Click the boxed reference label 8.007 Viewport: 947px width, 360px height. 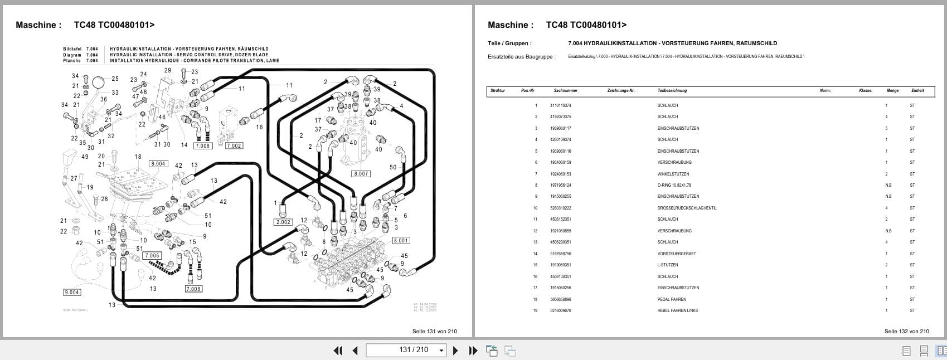(361, 174)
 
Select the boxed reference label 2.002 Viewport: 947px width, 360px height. (283, 222)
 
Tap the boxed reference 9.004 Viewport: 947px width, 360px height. (72, 292)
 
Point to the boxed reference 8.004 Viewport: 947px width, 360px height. (158, 164)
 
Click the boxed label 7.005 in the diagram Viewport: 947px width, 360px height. (152, 256)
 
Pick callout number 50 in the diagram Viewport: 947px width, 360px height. (393, 168)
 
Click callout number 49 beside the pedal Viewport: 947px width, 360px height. (85, 157)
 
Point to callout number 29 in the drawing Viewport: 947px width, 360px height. (168, 71)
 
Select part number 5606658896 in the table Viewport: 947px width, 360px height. (560, 299)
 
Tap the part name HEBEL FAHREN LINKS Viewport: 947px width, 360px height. (677, 310)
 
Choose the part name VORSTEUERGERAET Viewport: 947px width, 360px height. (676, 254)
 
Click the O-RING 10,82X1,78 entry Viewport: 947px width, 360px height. (674, 185)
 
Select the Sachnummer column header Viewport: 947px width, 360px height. (565, 90)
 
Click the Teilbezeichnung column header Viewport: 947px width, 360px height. (672, 90)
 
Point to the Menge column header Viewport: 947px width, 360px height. (892, 90)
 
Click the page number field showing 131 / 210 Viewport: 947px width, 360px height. (406, 350)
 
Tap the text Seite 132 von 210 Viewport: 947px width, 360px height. (906, 331)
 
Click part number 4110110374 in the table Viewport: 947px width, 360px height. (560, 105)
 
